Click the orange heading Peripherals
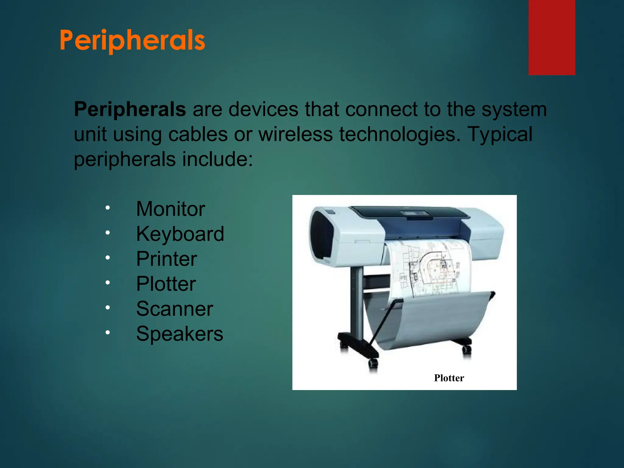132,40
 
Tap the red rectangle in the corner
551,37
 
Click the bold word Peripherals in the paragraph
130,109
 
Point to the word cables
198,134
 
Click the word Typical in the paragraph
500,134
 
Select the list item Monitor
170,209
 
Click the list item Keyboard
180,234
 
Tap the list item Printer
166,259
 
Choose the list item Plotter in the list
166,284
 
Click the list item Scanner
174,309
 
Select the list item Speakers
179,334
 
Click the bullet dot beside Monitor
108,208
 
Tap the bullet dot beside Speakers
108,332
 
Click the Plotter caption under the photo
449,378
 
